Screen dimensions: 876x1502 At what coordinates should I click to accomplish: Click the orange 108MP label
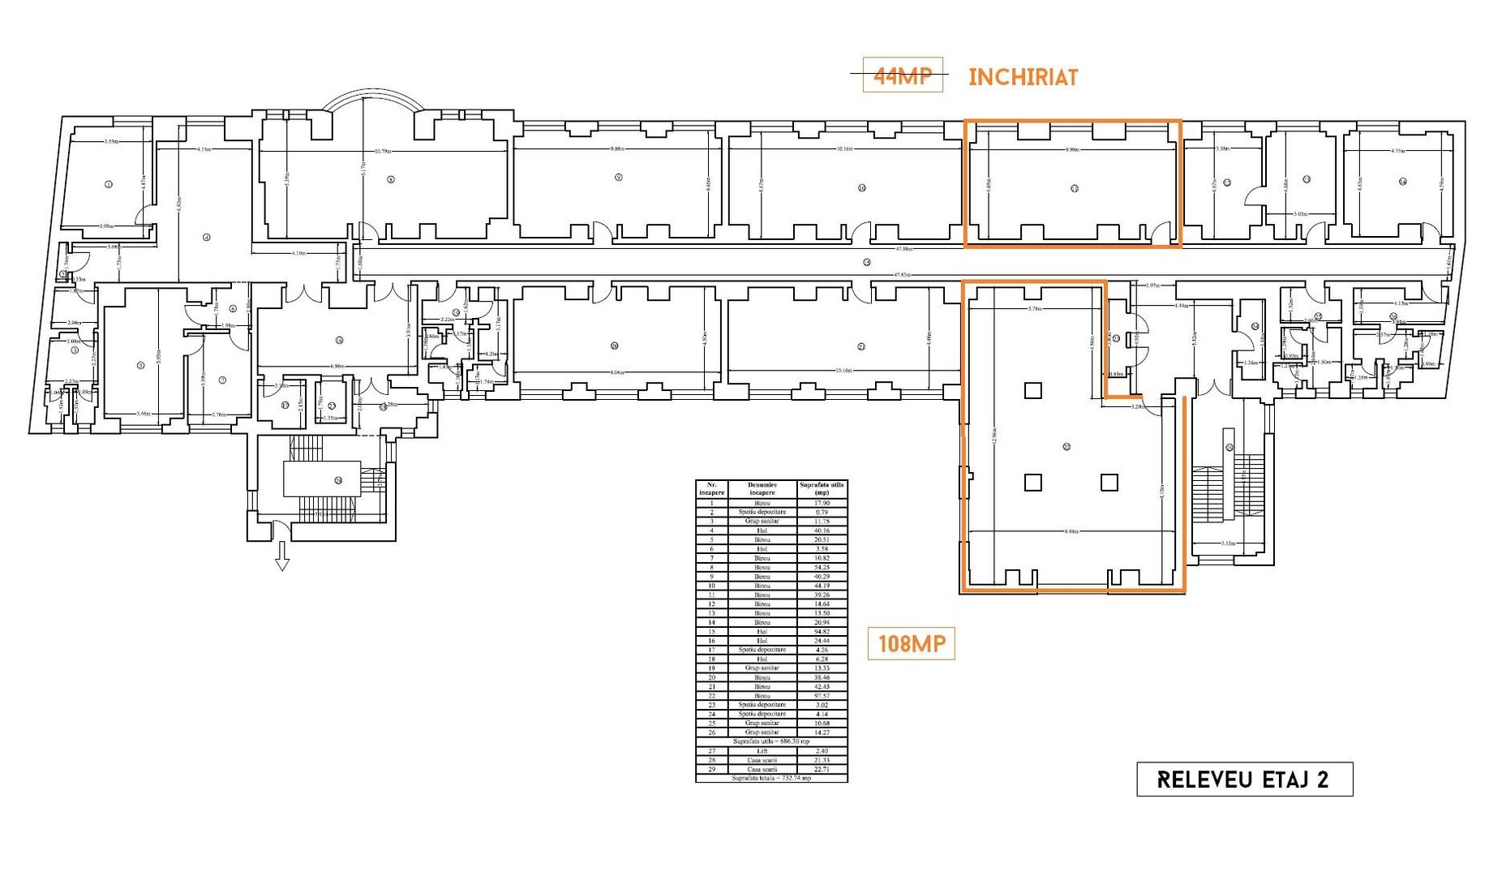pos(911,644)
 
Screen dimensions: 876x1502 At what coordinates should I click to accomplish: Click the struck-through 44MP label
pos(902,76)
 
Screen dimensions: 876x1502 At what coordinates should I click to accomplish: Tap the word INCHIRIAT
pos(1023,78)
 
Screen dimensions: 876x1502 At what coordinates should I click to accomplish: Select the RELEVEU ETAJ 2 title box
pos(1243,779)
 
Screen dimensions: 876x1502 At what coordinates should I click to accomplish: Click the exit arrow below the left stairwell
pos(282,556)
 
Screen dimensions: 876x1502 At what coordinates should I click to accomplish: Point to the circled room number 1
pos(108,184)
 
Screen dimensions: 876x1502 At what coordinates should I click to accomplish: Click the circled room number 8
pos(391,179)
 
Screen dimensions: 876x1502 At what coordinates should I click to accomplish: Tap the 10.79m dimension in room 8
pos(383,152)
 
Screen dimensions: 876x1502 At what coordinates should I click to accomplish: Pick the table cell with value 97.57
pos(822,696)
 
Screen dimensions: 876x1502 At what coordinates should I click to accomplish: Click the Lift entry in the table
pos(762,751)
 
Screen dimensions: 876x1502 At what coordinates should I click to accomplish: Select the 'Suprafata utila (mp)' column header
pos(822,489)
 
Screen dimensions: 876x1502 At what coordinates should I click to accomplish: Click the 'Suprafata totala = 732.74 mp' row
pos(770,779)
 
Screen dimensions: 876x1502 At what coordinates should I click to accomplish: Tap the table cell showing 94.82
pos(822,632)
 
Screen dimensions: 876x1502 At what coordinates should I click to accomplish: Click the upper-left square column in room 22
pos(1032,390)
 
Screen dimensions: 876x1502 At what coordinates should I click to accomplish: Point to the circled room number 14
pos(1402,182)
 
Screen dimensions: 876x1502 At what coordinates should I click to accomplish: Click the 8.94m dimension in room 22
pos(1071,531)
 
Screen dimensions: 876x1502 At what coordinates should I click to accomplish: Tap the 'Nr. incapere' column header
pos(711,489)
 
